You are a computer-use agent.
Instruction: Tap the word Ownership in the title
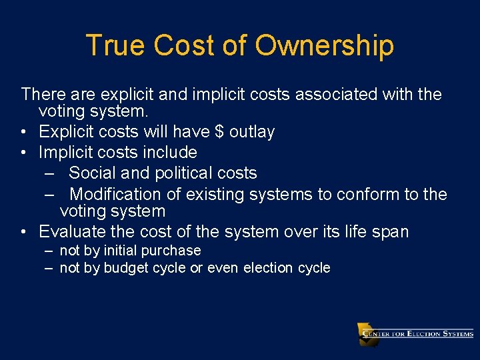(325, 46)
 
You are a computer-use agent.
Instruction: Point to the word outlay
(252, 132)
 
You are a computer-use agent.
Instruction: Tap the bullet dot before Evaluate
(24, 232)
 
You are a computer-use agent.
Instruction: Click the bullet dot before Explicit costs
(24, 132)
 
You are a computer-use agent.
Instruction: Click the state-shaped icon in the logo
(367, 333)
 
